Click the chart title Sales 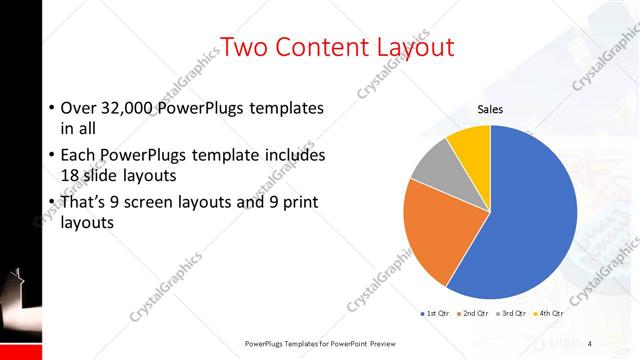tap(490, 109)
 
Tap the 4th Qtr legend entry tap(551, 314)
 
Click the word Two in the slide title tap(244, 47)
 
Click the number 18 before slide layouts tap(71, 176)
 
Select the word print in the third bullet tap(299, 203)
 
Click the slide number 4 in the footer tap(589, 343)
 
